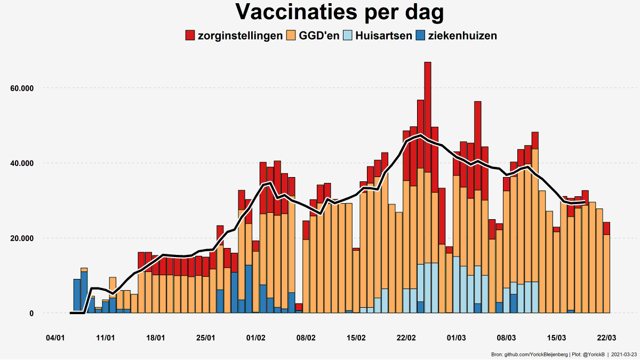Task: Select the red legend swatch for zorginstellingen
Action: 190,36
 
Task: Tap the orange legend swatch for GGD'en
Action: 291,36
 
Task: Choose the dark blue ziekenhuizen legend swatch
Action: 420,36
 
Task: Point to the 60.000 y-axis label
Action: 22,88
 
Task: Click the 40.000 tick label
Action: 22,163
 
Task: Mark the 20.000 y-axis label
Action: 22,238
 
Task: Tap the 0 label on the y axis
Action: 31,314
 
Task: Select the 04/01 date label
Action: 55,338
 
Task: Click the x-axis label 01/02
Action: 256,338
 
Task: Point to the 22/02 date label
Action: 406,338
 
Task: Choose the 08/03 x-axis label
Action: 507,338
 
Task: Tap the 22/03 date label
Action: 606,338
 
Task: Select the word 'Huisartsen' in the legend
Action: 384,36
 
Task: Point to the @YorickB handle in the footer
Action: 594,354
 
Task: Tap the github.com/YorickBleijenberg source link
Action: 537,354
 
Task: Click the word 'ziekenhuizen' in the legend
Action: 462,36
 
